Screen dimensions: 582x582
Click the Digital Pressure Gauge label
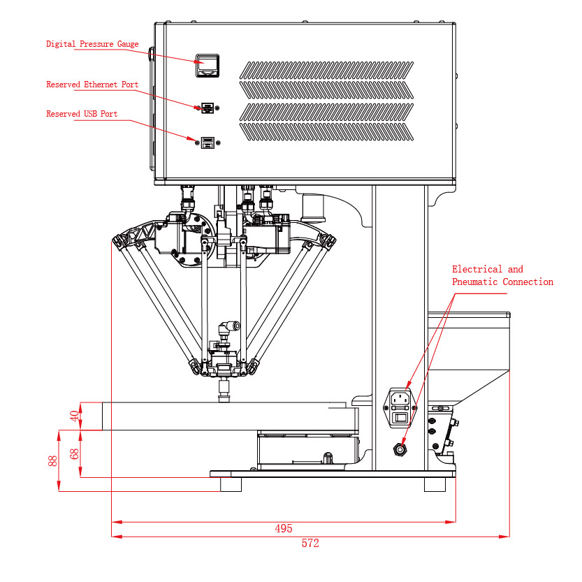(92, 44)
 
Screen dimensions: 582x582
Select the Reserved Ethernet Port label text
(92, 85)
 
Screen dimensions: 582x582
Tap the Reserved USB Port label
(82, 114)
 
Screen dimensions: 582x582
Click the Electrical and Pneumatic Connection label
(502, 275)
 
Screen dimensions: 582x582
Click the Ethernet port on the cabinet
(207, 108)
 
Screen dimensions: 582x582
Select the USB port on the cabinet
(207, 143)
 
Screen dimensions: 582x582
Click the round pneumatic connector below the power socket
(400, 449)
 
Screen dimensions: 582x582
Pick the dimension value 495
(283, 529)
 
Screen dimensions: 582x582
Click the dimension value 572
(310, 544)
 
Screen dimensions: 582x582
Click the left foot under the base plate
(231, 484)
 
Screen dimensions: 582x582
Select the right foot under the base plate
(435, 484)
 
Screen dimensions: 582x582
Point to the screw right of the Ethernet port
(218, 108)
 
